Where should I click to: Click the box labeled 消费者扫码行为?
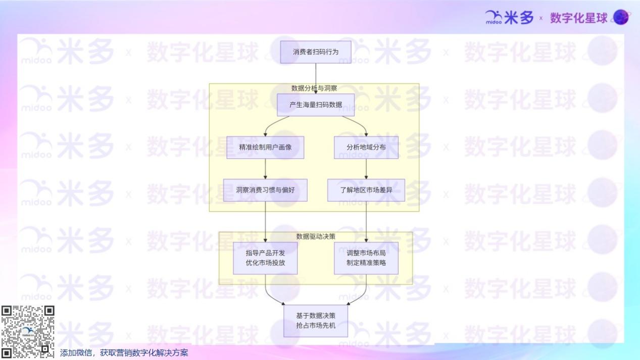(315, 52)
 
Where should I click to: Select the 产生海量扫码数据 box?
(315, 105)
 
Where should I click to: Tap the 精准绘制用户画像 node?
(265, 147)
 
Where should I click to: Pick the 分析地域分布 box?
(366, 147)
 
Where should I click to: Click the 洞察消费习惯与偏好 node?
(265, 190)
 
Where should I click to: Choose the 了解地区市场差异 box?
(366, 190)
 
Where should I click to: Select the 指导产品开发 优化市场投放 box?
(265, 258)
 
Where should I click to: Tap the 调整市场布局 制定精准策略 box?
(366, 258)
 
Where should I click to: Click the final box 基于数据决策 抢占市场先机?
(315, 321)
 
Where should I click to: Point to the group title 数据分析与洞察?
(314, 88)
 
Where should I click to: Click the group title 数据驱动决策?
(315, 236)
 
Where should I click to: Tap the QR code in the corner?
(28, 332)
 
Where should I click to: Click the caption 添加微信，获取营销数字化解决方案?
(124, 352)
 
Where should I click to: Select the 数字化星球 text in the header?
(578, 18)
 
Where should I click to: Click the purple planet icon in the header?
(621, 17)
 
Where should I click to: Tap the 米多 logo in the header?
(509, 18)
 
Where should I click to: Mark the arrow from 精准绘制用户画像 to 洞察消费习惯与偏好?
(265, 169)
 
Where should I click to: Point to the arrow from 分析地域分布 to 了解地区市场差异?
(366, 169)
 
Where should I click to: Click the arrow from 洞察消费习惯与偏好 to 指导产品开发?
(265, 221)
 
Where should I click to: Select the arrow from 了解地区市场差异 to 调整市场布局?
(366, 221)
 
